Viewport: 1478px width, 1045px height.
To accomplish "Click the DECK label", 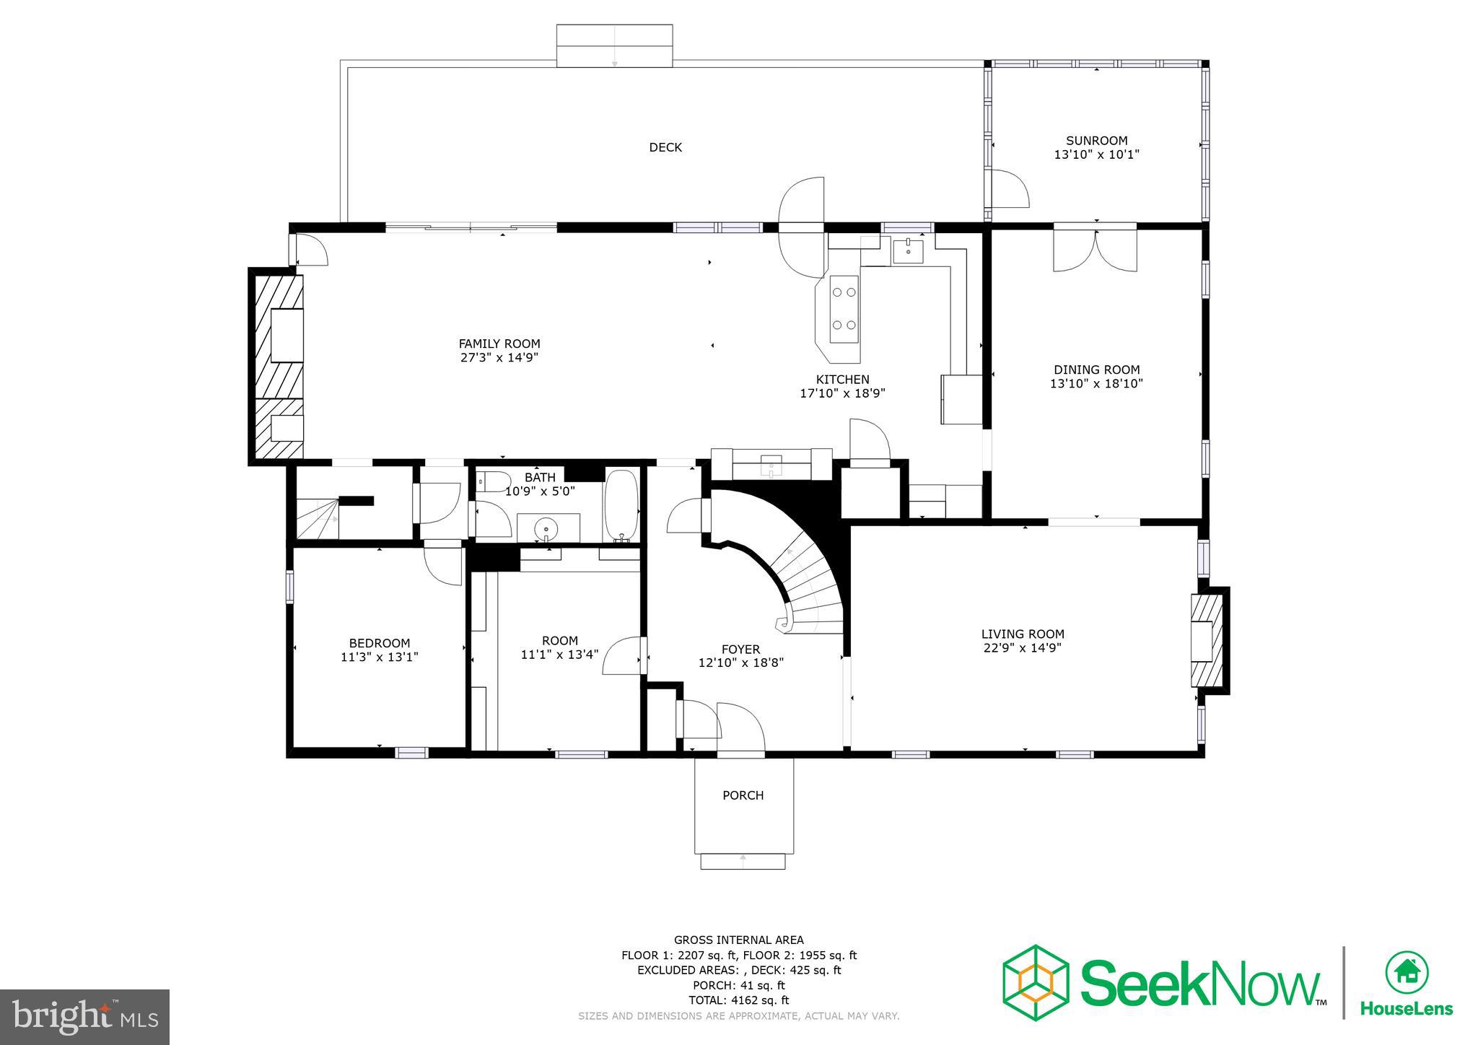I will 665,147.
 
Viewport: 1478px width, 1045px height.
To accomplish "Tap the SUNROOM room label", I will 1096,141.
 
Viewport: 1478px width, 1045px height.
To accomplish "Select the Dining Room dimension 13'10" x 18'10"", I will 1096,384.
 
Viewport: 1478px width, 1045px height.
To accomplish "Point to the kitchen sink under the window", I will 908,252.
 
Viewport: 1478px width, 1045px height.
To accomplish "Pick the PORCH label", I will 743,795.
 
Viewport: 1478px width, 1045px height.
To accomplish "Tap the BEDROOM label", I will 379,643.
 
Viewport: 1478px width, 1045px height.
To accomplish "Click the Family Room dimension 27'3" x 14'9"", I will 499,357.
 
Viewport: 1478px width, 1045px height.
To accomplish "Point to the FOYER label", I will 740,650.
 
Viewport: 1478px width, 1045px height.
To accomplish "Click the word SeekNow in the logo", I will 1198,983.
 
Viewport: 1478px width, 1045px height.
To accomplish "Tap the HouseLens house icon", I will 1407,972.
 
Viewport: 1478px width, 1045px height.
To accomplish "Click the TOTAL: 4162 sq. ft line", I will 738,1000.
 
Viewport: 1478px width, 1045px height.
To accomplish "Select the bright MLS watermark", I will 85,1017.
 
